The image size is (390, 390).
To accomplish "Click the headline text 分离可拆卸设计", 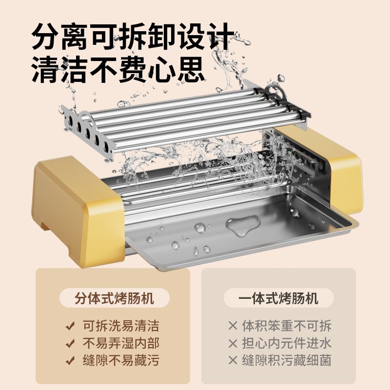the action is [x=133, y=36].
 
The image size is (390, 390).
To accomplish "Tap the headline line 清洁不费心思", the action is [x=117, y=69].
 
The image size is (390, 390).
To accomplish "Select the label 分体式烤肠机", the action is [x=115, y=298].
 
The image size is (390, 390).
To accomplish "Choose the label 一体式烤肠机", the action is [x=278, y=298].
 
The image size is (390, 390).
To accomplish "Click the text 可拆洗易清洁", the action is [x=121, y=326].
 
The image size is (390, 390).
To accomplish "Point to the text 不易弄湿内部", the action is [x=121, y=343].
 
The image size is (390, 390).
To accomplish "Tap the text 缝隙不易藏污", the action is [x=121, y=360].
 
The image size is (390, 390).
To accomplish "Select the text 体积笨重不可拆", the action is [x=287, y=326].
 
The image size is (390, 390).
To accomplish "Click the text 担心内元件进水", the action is [x=287, y=343].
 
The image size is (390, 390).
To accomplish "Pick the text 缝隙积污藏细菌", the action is [x=287, y=360].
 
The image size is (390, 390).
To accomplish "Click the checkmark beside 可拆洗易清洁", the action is [x=70, y=326].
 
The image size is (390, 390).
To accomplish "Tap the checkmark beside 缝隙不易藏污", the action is [x=70, y=360].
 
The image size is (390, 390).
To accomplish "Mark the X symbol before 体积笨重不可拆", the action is [x=233, y=326].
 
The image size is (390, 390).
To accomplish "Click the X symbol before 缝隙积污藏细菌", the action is [x=233, y=361].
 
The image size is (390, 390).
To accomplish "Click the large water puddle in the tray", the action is [x=242, y=225].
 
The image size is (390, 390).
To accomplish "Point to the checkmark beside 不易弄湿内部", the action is [x=70, y=343].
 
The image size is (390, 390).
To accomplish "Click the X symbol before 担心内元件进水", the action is [x=233, y=343].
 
